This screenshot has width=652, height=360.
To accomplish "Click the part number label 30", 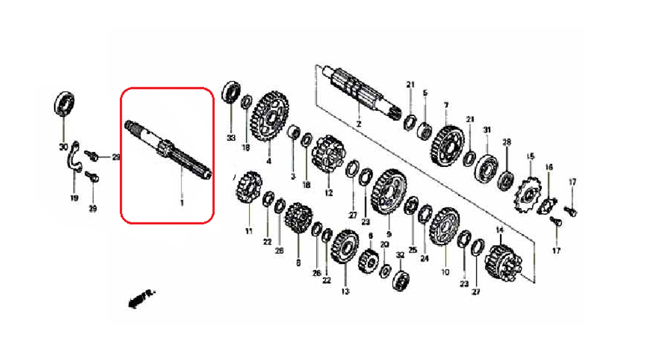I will point(63,145).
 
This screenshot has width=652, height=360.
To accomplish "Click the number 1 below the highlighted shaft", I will point(181,203).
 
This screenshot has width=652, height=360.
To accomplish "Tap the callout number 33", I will point(230,138).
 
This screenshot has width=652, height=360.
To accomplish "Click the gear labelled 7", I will point(447,142).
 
